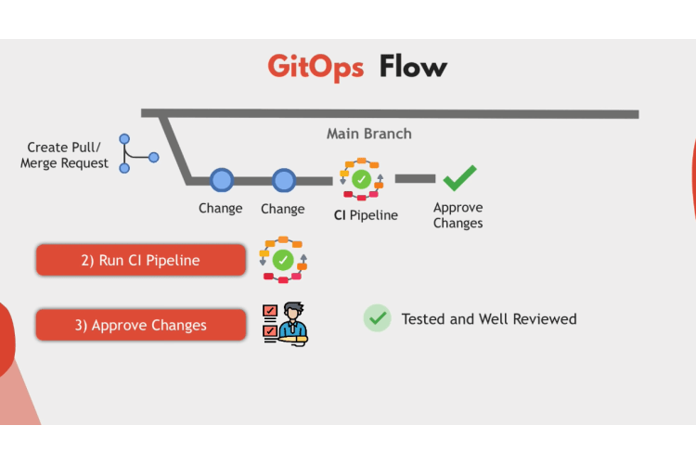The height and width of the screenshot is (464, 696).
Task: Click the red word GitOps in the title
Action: (316, 68)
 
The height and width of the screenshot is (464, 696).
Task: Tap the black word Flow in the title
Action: (413, 66)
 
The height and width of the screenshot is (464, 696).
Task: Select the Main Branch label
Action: (369, 134)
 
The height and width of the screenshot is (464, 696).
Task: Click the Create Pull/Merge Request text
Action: (64, 155)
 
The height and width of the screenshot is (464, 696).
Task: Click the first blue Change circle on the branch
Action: (222, 180)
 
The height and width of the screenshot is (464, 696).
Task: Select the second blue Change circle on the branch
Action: (284, 180)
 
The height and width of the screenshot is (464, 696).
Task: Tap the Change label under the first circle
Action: (221, 208)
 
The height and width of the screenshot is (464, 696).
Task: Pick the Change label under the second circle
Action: (283, 209)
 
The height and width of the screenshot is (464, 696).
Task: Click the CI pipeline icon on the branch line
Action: (362, 179)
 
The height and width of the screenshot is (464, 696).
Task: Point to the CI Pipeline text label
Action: (366, 215)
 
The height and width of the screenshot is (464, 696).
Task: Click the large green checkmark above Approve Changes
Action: (460, 178)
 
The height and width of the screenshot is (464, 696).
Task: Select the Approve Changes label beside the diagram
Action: (458, 215)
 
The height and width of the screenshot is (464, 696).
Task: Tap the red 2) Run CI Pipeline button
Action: (141, 260)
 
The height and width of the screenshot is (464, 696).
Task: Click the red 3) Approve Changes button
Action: (141, 325)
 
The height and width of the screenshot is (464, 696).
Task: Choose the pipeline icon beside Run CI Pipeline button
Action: (283, 260)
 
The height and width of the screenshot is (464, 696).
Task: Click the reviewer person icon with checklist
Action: (285, 324)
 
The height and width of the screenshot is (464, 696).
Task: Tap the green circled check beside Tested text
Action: (378, 318)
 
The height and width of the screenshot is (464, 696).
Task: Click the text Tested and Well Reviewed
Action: (489, 319)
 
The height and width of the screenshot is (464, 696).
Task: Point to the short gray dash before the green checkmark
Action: (415, 178)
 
